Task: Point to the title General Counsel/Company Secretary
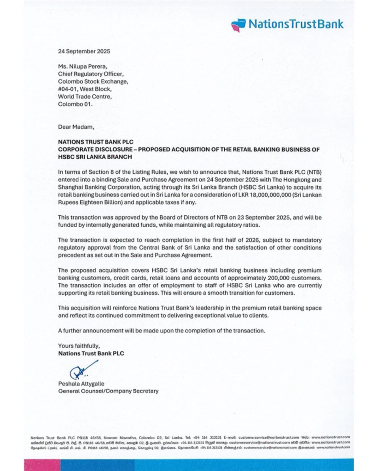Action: click(x=108, y=391)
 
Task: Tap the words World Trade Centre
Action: click(x=85, y=97)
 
